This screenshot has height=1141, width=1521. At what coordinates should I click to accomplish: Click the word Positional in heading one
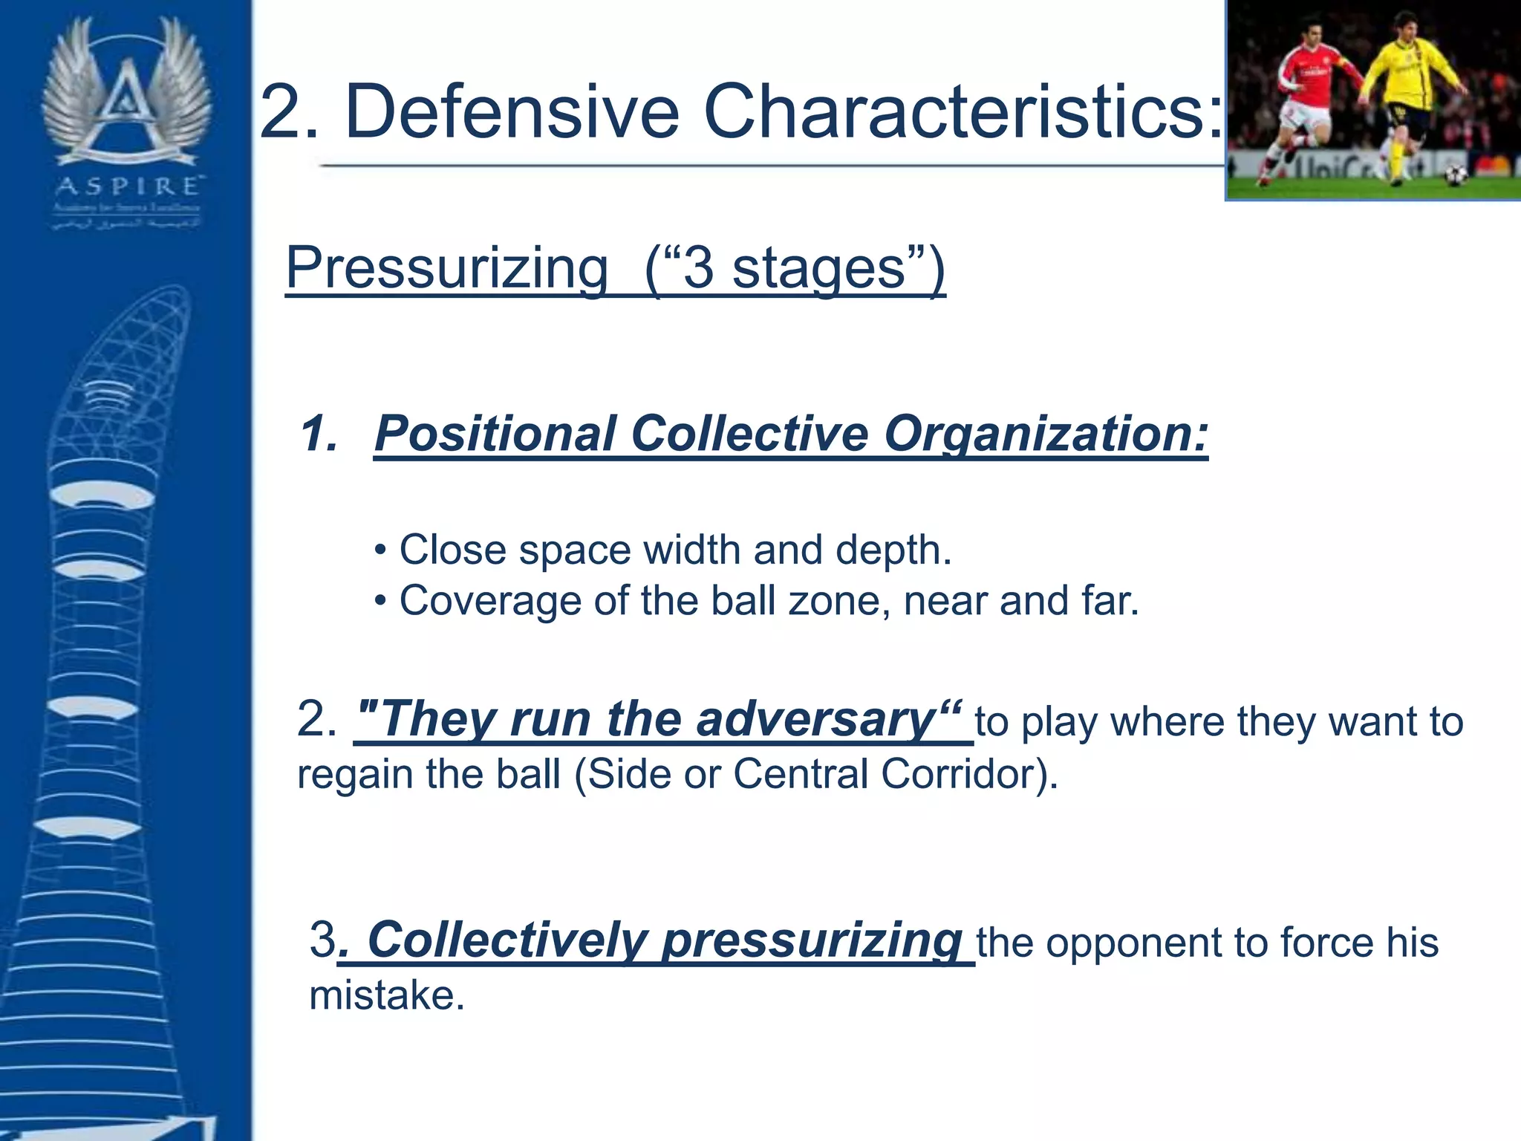tap(495, 433)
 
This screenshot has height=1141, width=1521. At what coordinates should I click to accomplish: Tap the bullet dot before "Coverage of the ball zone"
tap(381, 601)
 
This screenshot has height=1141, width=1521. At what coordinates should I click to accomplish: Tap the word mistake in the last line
tap(386, 995)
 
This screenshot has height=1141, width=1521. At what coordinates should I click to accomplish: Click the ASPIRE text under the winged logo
tap(127, 186)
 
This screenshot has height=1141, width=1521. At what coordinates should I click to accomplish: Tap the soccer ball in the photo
tap(1455, 175)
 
